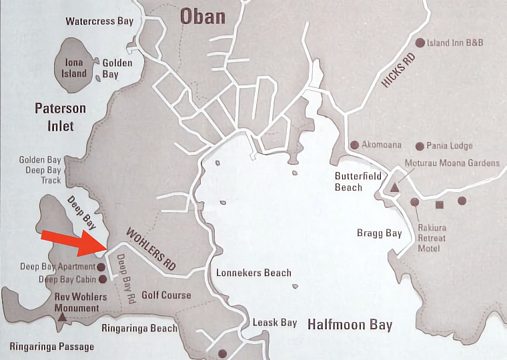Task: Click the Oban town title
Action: tap(202, 15)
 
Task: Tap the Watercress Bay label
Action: tap(99, 21)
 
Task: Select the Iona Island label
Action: tap(74, 68)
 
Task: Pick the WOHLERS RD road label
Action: tap(151, 249)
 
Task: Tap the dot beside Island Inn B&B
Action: tap(420, 43)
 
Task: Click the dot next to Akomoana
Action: tap(354, 145)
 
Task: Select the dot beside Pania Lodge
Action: tap(420, 146)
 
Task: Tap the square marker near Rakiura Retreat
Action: tap(439, 205)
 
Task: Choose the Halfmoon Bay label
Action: tap(350, 325)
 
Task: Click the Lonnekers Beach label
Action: tap(253, 273)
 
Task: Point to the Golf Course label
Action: tap(166, 295)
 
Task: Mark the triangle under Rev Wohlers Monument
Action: tap(62, 318)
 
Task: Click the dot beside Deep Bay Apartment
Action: tap(101, 267)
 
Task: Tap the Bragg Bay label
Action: tap(380, 233)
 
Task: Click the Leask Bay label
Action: tap(274, 323)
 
